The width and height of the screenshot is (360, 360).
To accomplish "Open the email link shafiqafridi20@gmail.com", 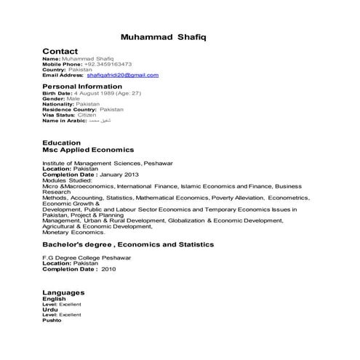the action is click(x=122, y=75).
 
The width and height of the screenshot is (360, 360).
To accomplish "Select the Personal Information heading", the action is click(x=87, y=86).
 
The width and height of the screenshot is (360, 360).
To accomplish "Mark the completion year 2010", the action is click(x=109, y=269).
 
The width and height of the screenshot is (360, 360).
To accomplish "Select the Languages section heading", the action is click(x=65, y=292).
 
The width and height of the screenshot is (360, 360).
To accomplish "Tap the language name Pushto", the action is click(x=52, y=320).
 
